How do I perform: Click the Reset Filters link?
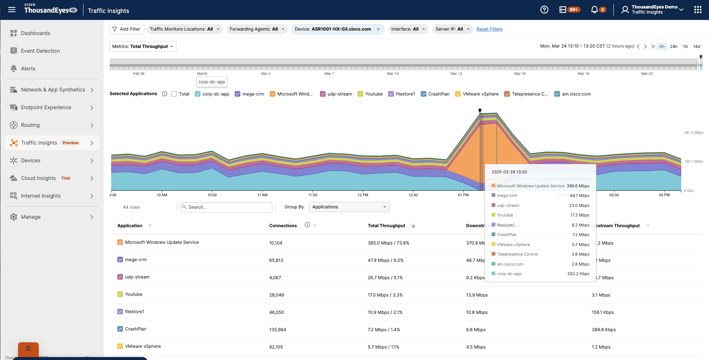tap(489, 29)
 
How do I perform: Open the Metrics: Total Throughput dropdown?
tap(143, 46)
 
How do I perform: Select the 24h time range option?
tap(674, 46)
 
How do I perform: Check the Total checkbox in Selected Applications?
tap(174, 94)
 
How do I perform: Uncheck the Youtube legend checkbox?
tap(361, 94)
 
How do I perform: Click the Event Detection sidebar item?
tap(40, 51)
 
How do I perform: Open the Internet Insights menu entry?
tap(41, 196)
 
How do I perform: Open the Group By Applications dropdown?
tap(349, 207)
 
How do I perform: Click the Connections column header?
tap(283, 226)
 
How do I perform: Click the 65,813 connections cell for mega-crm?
tap(276, 260)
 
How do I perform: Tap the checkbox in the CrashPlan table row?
tap(120, 329)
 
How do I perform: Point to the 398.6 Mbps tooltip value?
tap(578, 186)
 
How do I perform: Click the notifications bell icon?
tap(594, 10)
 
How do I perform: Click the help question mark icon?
tap(544, 10)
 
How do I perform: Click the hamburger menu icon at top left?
tap(12, 10)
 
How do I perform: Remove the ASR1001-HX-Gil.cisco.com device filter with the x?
tap(378, 29)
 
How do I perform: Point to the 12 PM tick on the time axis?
tap(363, 195)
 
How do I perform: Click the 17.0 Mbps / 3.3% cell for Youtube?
tap(385, 295)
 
